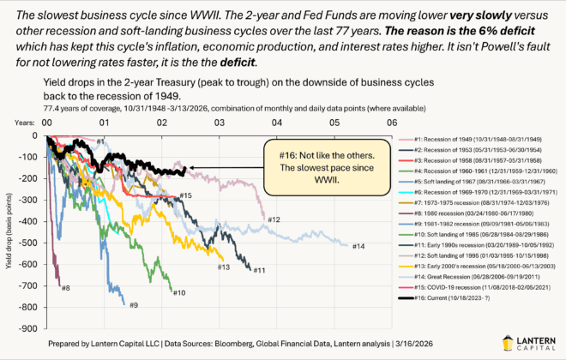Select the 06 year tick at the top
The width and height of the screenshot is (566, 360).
(x=392, y=123)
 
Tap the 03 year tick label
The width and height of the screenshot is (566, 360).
(x=219, y=123)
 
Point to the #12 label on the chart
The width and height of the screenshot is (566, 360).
(x=273, y=220)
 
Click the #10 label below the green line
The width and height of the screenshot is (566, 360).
(x=179, y=293)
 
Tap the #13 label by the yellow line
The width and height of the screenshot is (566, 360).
(x=222, y=267)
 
